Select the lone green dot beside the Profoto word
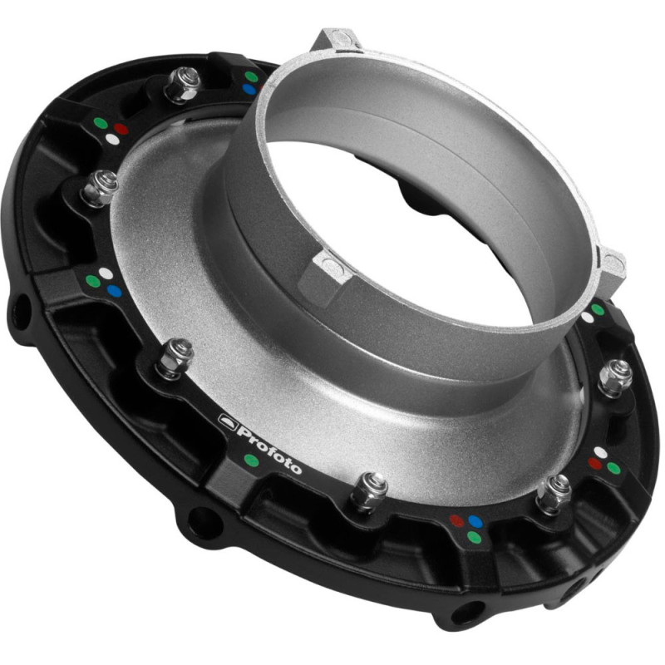252,461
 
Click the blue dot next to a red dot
475,522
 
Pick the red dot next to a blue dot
456,521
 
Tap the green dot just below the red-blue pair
474,537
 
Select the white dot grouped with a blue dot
106,274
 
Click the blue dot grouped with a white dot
114,291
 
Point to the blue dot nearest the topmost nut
249,90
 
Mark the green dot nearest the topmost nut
252,76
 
